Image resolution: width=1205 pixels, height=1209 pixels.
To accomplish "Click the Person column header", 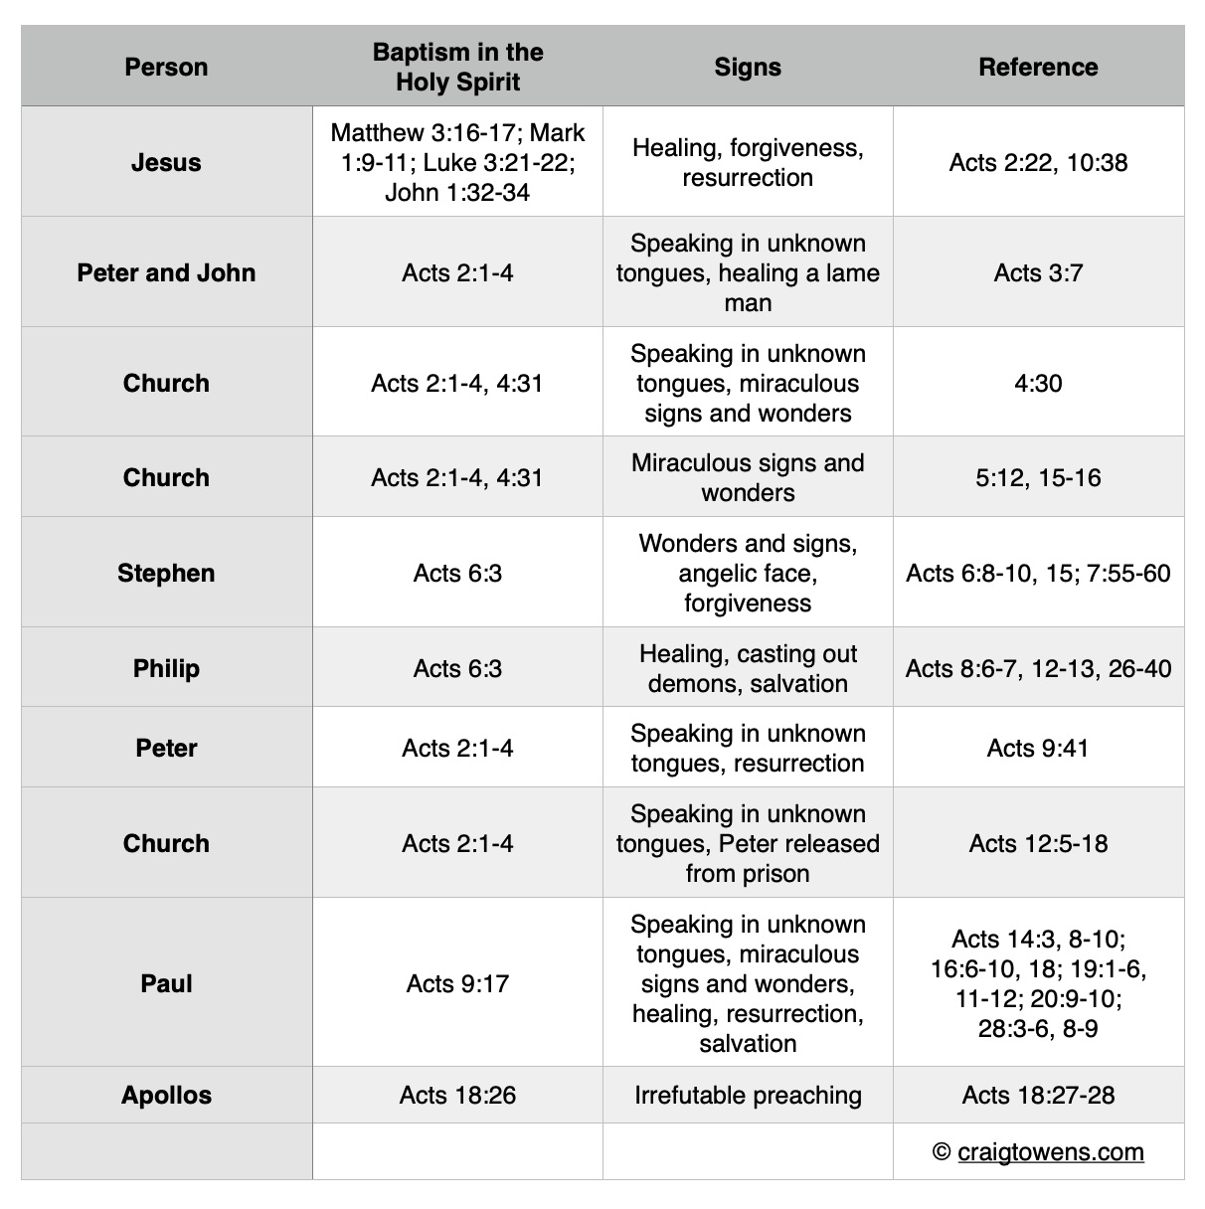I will coord(166,67).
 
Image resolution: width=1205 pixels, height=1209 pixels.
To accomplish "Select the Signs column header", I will coord(748,67).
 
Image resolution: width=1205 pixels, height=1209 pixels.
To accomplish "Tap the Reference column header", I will coord(1038,67).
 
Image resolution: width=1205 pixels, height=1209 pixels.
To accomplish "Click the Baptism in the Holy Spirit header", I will coord(457,67).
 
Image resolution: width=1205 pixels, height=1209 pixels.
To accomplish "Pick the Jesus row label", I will coord(166,162).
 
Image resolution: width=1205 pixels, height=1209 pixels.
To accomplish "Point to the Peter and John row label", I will coord(166,272).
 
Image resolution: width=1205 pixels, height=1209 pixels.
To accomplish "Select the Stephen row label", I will coord(166,573).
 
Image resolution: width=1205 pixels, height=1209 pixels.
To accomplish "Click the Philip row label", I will coord(166,668).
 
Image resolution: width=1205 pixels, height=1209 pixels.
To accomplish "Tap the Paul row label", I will coord(166,983).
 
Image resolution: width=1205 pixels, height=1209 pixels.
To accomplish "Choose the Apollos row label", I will coord(166,1095).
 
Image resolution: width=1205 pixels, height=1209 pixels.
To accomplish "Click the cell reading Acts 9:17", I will coord(457,983).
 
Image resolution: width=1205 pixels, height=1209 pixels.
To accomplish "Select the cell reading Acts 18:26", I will coord(457,1095).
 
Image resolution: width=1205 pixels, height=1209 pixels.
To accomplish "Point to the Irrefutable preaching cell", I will coord(748,1095).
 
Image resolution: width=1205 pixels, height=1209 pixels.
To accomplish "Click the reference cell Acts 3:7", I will coord(1038,272).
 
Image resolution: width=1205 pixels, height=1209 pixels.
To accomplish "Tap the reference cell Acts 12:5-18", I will coord(1038,843).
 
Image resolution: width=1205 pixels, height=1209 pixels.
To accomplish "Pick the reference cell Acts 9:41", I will coord(1038,748).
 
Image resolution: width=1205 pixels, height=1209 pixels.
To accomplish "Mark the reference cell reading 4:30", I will coord(1038,383).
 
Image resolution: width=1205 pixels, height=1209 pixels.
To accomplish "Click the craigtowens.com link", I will coord(1050,1151).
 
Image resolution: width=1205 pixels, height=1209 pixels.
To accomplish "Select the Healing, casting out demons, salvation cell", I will coord(748,668).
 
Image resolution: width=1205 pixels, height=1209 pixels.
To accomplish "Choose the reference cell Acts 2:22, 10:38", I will coord(1038,162).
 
